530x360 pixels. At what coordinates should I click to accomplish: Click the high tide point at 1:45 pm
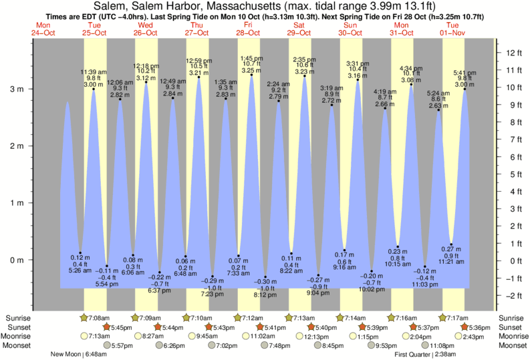tap(251, 75)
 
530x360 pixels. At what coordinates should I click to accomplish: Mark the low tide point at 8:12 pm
tap(265, 277)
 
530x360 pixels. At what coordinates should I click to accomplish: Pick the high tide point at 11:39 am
tap(94, 89)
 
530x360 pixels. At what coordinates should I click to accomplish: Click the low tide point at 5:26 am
tap(80, 252)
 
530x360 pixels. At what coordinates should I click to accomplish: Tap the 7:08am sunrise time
tap(100, 317)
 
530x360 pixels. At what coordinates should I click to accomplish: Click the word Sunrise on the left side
tap(19, 317)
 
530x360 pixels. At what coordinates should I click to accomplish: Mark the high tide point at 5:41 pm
tap(465, 89)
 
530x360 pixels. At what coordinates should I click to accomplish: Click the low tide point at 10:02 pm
tap(372, 271)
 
